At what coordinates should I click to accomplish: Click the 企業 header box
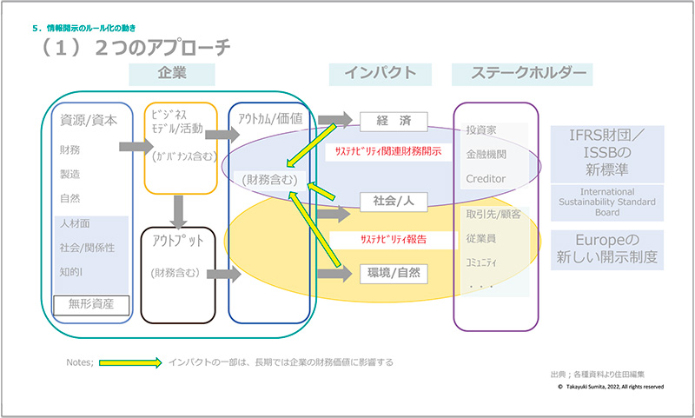[x=173, y=74]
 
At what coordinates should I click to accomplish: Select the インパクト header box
[x=380, y=74]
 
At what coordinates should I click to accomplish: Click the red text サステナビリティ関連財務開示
[x=383, y=150]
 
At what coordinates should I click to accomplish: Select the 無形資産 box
[x=90, y=304]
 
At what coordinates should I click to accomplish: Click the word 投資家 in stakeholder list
[x=481, y=130]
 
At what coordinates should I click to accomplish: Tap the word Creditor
[x=486, y=178]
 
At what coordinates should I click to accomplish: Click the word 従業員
[x=481, y=237]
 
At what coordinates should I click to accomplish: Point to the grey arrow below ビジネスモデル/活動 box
[x=178, y=209]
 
